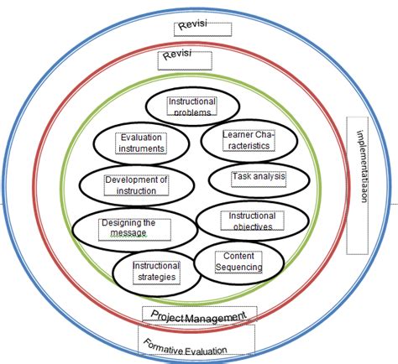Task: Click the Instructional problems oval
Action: pos(192,107)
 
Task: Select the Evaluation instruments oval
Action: pos(142,143)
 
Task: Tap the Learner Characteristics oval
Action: pos(244,140)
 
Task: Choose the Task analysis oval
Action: pos(258,178)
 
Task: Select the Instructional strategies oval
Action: pos(156,270)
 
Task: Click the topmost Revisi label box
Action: pos(202,29)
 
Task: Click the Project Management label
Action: pos(198,315)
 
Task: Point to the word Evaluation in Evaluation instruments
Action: pos(141,138)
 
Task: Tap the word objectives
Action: pos(250,226)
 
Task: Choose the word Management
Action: pos(216,316)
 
